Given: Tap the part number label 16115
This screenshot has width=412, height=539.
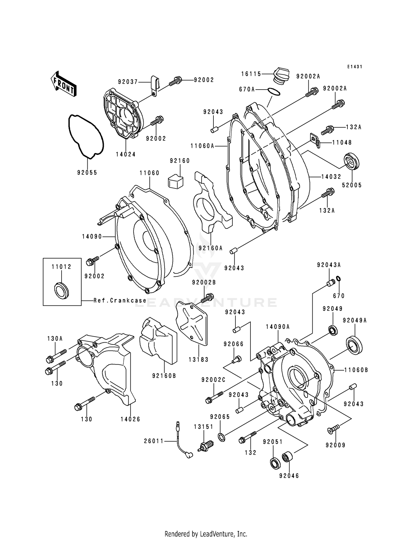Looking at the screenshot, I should tap(251, 74).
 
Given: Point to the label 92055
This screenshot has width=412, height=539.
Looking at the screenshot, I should tap(87, 173).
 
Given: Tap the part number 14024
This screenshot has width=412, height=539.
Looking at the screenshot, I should tap(126, 154).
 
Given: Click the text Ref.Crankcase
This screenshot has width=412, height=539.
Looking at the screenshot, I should tap(120, 301).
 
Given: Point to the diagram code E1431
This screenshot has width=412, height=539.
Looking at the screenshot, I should tap(355, 67).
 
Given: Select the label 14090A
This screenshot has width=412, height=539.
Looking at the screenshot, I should tap(278, 327).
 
